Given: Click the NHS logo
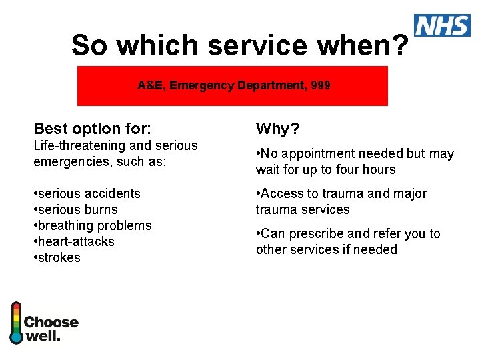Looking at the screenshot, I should tap(442, 25).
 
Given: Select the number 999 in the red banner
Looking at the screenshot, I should tap(320, 85).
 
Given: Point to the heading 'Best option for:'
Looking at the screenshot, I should tap(93, 128).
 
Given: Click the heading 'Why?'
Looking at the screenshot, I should tap(278, 128).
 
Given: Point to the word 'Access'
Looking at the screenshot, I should tap(281, 193).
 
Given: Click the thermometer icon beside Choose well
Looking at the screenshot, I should tap(16, 323).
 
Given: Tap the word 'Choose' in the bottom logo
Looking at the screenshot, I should tap(51, 323).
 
